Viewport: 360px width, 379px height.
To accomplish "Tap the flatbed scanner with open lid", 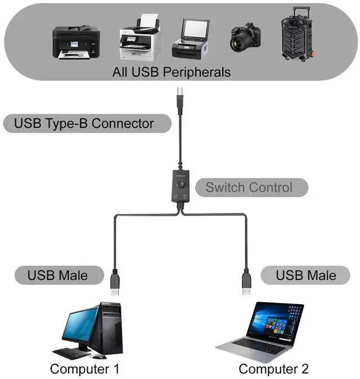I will (x=191, y=39).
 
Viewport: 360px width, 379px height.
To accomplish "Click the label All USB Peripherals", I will (x=172, y=72).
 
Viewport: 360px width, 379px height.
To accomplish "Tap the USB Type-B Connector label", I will (x=84, y=123).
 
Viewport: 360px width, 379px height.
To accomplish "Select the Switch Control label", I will (x=249, y=187).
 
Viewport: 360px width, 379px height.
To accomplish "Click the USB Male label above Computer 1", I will (x=58, y=275).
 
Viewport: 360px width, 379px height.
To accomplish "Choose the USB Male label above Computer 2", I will (x=306, y=275).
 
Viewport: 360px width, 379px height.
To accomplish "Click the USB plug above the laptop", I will (x=246, y=282).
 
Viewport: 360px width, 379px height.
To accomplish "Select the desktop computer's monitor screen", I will (x=79, y=330).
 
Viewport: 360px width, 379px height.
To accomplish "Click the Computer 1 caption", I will (x=84, y=369).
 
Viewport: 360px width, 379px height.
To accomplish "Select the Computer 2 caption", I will (x=274, y=369).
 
